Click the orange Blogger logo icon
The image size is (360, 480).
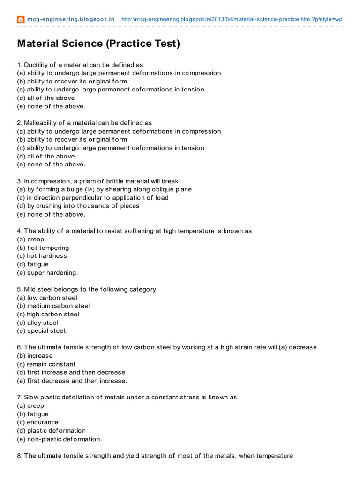coord(21,20)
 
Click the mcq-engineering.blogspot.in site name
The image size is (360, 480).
coord(70,20)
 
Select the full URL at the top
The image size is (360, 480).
coord(232,20)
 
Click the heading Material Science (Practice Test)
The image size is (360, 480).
coord(98,44)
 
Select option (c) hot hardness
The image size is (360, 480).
coord(42,256)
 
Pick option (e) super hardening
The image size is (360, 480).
coord(47,272)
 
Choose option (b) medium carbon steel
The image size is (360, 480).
coord(53,306)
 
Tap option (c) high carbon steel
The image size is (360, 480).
coord(48,314)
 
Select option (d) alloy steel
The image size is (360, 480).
coord(37,322)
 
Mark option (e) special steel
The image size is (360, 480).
coord(42,331)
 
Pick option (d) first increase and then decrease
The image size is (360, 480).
coord(71,372)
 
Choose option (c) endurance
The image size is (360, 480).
coord(37,422)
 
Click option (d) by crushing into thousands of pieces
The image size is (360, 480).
coord(78,206)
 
